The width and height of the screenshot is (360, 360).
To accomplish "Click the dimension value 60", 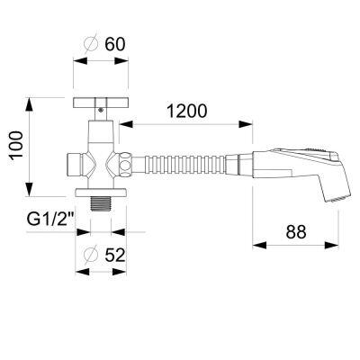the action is (115, 44).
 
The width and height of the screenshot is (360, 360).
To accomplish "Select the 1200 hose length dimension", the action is (187, 111).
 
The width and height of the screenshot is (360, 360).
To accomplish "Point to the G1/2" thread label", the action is (51, 220).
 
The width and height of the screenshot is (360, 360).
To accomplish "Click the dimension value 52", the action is (115, 256).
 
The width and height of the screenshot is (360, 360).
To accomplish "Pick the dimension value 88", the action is (296, 231).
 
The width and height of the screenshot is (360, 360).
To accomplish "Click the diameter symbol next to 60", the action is (91, 44).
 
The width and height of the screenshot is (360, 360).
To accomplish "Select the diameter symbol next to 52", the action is (91, 256).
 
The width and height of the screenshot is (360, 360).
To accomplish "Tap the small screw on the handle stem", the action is (101, 110).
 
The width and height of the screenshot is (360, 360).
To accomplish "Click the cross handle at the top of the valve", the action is (101, 103).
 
